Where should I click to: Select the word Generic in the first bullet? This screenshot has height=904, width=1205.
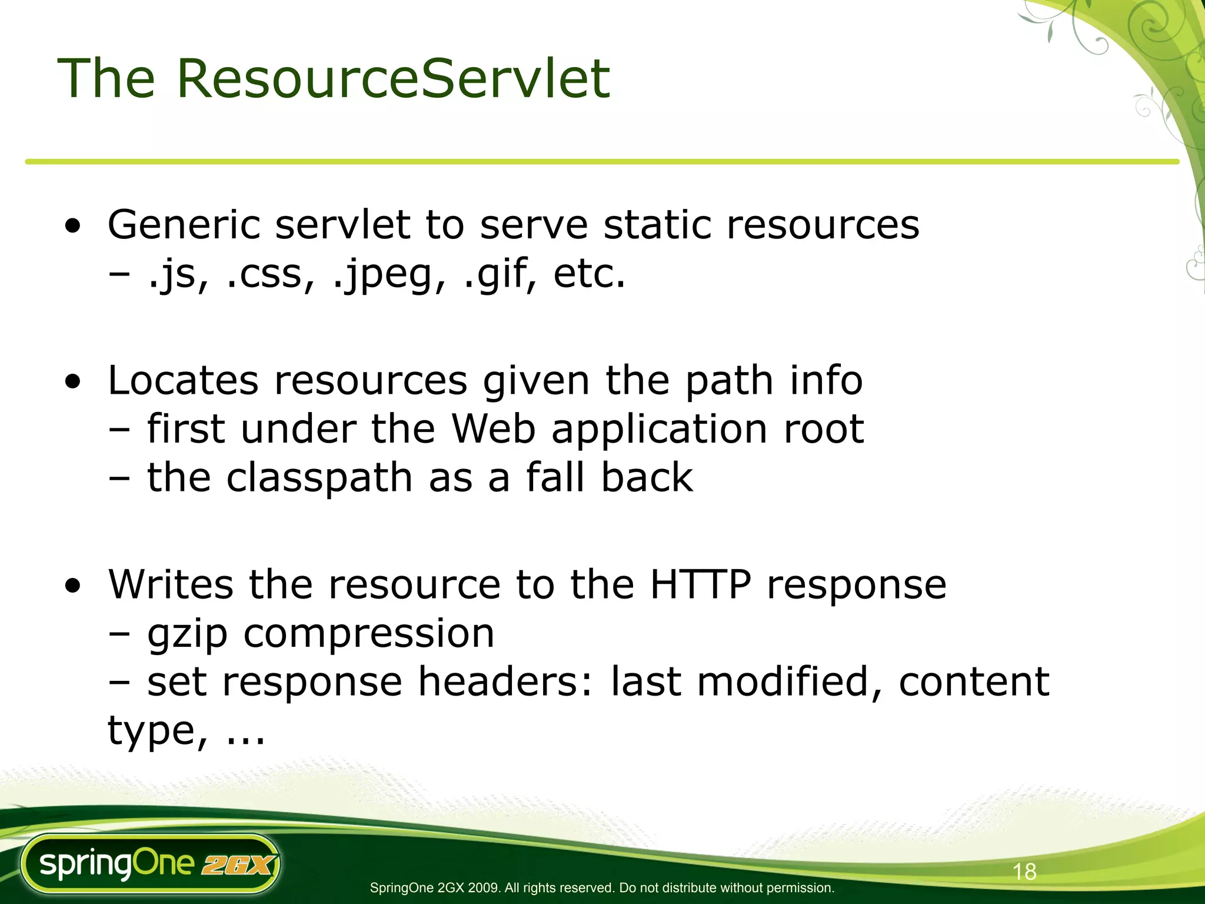[x=183, y=225]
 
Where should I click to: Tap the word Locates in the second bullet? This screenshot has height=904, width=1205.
[x=183, y=381]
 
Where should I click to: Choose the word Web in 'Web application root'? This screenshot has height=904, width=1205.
[x=493, y=429]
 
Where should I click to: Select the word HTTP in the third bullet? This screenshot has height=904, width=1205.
[x=701, y=584]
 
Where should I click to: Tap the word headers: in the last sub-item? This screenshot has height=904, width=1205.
[x=505, y=682]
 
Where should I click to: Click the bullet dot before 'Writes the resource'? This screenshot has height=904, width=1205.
[x=73, y=586]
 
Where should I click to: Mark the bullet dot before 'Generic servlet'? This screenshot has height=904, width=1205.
[x=73, y=227]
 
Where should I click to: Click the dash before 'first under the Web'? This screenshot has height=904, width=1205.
[x=119, y=430]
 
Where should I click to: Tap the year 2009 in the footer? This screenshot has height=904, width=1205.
[x=483, y=888]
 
